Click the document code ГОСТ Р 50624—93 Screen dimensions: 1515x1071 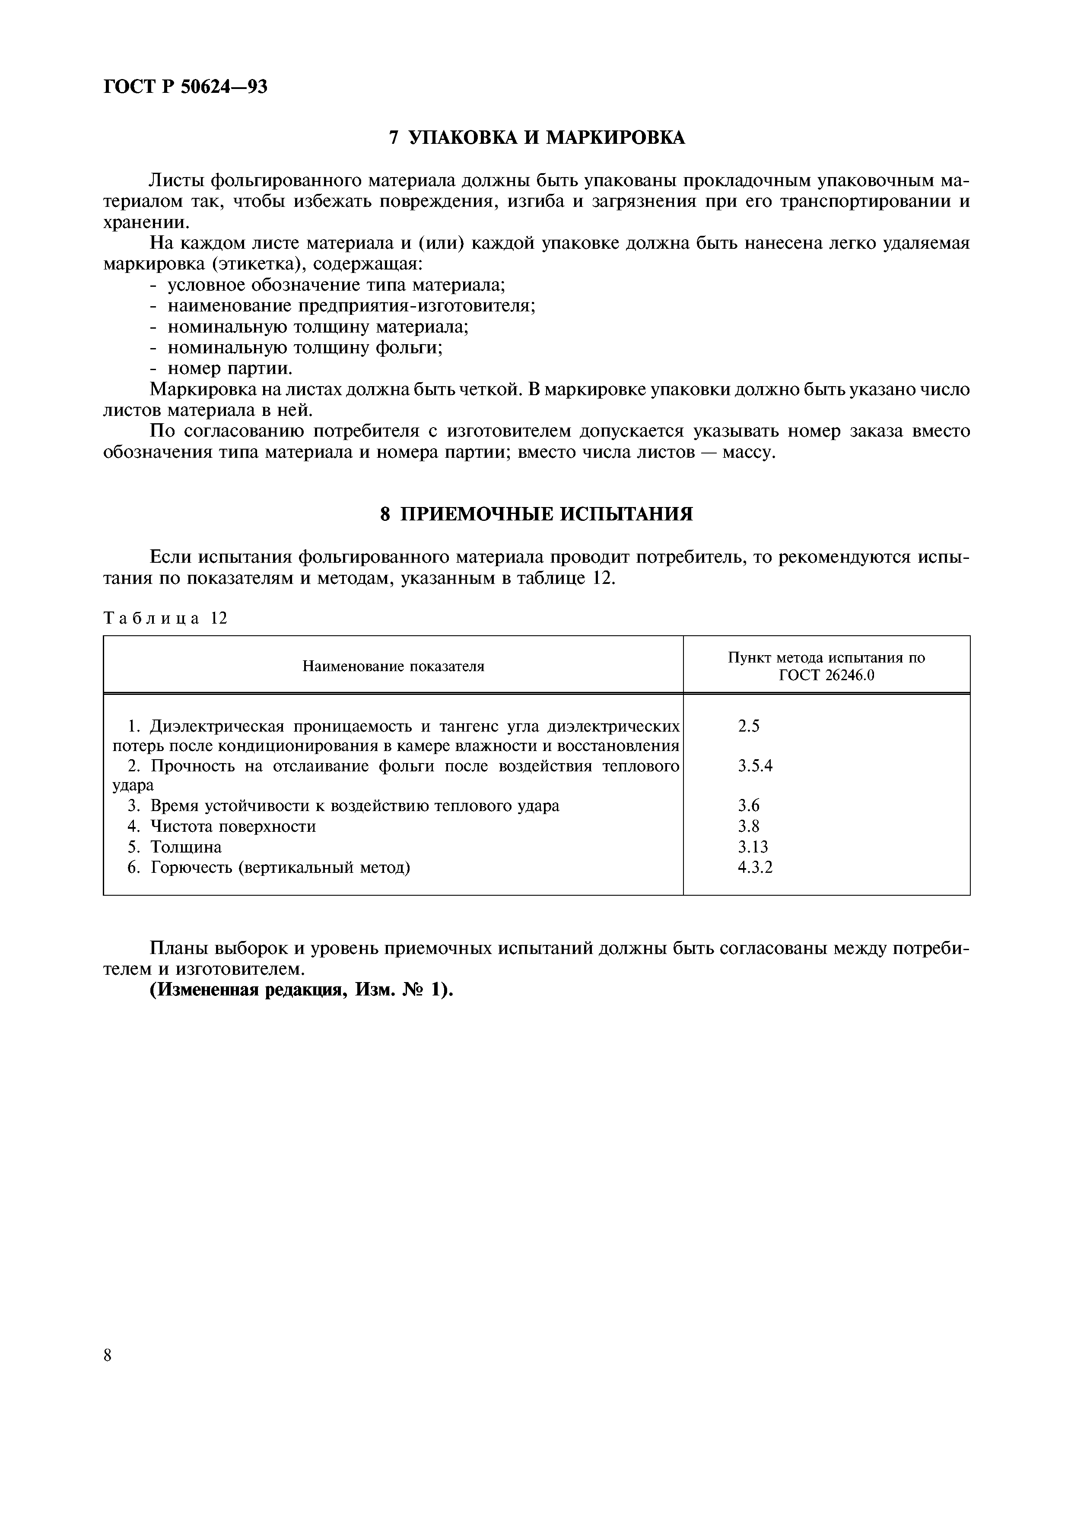pyautogui.click(x=185, y=86)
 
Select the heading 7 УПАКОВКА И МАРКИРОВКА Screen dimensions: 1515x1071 pyautogui.click(x=536, y=137)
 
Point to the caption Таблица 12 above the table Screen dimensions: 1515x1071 pyautogui.click(x=165, y=618)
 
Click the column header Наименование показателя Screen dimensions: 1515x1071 pyautogui.click(x=393, y=666)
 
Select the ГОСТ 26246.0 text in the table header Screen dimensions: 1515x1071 pyautogui.click(x=826, y=676)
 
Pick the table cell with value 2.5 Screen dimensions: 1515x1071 pyautogui.click(x=749, y=726)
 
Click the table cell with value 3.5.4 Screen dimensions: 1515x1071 pyautogui.click(x=755, y=766)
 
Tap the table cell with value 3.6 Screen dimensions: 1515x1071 pyautogui.click(x=749, y=806)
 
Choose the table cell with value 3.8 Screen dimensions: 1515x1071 pyautogui.click(x=749, y=826)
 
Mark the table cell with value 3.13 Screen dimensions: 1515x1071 pyautogui.click(x=753, y=846)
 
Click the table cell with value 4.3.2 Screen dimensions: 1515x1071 pyautogui.click(x=755, y=867)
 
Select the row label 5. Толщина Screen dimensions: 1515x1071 pyautogui.click(x=174, y=846)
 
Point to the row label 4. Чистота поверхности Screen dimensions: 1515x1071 pyautogui.click(x=222, y=826)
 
